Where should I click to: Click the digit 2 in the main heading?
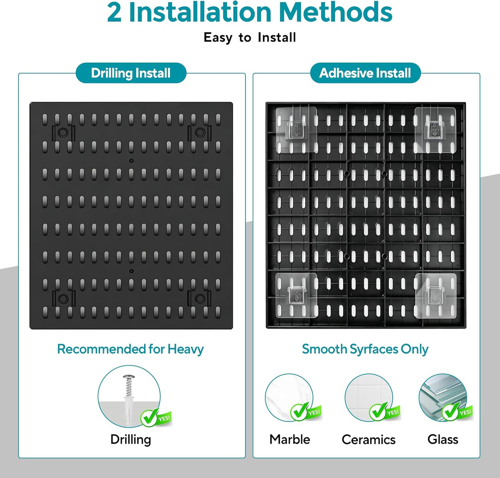tap(114, 12)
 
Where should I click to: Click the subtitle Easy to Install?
tap(250, 37)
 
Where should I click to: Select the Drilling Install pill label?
tap(131, 73)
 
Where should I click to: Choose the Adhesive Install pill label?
tap(365, 73)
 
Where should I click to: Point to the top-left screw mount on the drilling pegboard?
tap(63, 133)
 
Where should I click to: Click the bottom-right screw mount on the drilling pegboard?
tap(200, 298)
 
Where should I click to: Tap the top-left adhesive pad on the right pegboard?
tap(296, 130)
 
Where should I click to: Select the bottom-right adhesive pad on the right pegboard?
tap(436, 296)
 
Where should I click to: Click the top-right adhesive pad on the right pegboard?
tap(435, 130)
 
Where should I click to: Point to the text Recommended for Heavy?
tap(130, 349)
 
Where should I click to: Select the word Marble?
tap(290, 439)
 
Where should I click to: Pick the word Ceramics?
tap(369, 440)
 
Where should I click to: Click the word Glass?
tap(443, 439)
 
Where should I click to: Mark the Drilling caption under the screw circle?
tap(130, 440)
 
